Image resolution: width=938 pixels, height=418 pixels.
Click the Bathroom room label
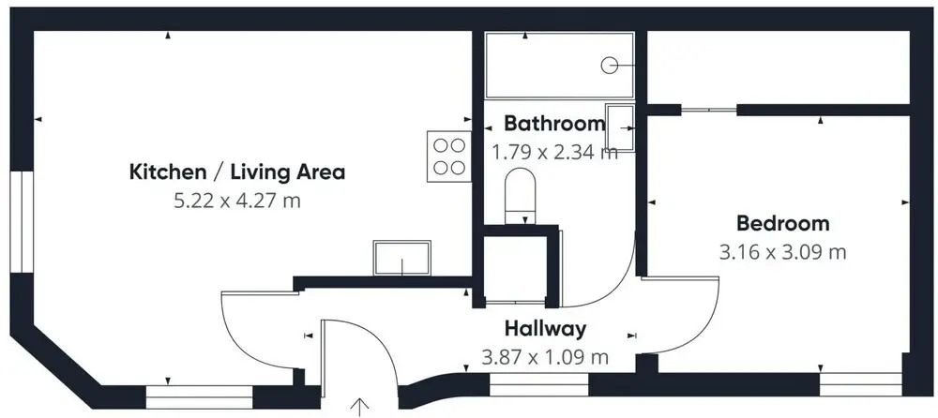(554, 123)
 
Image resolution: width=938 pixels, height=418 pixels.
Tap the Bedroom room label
(783, 224)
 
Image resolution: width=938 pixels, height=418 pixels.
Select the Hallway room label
(545, 328)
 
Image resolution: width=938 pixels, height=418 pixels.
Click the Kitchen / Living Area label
(237, 172)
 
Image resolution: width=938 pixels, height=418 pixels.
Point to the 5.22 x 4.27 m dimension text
(237, 201)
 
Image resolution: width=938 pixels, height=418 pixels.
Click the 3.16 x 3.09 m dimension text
(783, 252)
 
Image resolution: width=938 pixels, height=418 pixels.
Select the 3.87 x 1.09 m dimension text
(545, 357)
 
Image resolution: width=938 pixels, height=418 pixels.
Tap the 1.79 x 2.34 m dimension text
(554, 152)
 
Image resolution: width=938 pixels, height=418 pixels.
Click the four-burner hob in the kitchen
(449, 157)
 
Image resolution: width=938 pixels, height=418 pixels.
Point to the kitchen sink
(402, 258)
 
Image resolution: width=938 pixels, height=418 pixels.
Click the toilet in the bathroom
(520, 196)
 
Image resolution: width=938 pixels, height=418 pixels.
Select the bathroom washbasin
(620, 127)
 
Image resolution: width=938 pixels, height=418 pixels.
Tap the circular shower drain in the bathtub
(609, 65)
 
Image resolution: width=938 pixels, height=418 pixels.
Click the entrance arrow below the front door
(359, 407)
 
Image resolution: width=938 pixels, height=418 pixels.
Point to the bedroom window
(860, 383)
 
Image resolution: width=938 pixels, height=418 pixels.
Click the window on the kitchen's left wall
(22, 222)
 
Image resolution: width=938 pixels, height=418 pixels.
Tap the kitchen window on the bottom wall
(199, 397)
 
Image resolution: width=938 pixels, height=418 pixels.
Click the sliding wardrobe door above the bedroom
(709, 110)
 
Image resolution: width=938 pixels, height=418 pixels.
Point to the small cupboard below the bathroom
(515, 270)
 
